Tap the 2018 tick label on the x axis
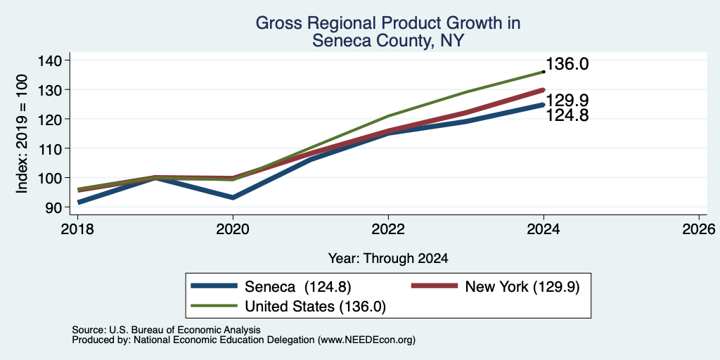tap(77, 229)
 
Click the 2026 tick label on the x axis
tap(699, 229)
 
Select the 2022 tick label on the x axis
tap(388, 229)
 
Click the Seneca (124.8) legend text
tap(298, 287)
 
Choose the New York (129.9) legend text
tap(522, 287)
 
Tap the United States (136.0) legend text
tap(315, 307)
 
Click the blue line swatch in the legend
tap(214, 286)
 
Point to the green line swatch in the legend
tap(214, 306)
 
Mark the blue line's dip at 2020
tap(233, 198)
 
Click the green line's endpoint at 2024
tap(544, 72)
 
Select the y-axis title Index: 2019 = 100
tap(22, 134)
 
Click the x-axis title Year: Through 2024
tap(388, 259)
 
